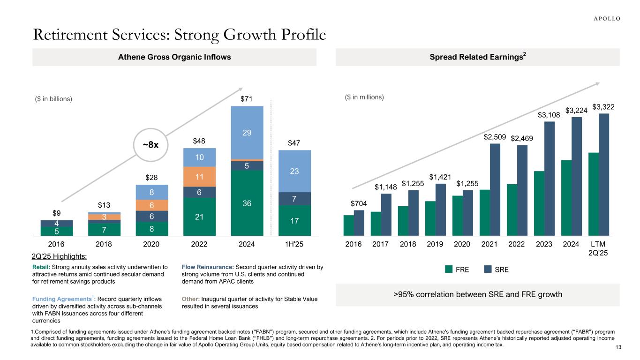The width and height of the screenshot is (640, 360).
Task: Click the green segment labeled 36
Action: tap(247, 202)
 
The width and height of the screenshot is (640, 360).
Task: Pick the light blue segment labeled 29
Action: tap(247, 133)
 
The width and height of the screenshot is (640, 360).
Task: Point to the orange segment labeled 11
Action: tap(199, 177)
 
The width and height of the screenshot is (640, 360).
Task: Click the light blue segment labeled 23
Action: tap(294, 171)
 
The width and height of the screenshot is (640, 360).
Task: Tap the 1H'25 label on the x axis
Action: tap(294, 244)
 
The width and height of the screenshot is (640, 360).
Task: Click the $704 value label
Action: tap(359, 203)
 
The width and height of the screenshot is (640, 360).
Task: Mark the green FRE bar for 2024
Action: tap(566, 197)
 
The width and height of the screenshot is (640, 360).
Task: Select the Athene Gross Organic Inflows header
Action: tap(174, 57)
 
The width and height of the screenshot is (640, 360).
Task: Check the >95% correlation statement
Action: tap(478, 295)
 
